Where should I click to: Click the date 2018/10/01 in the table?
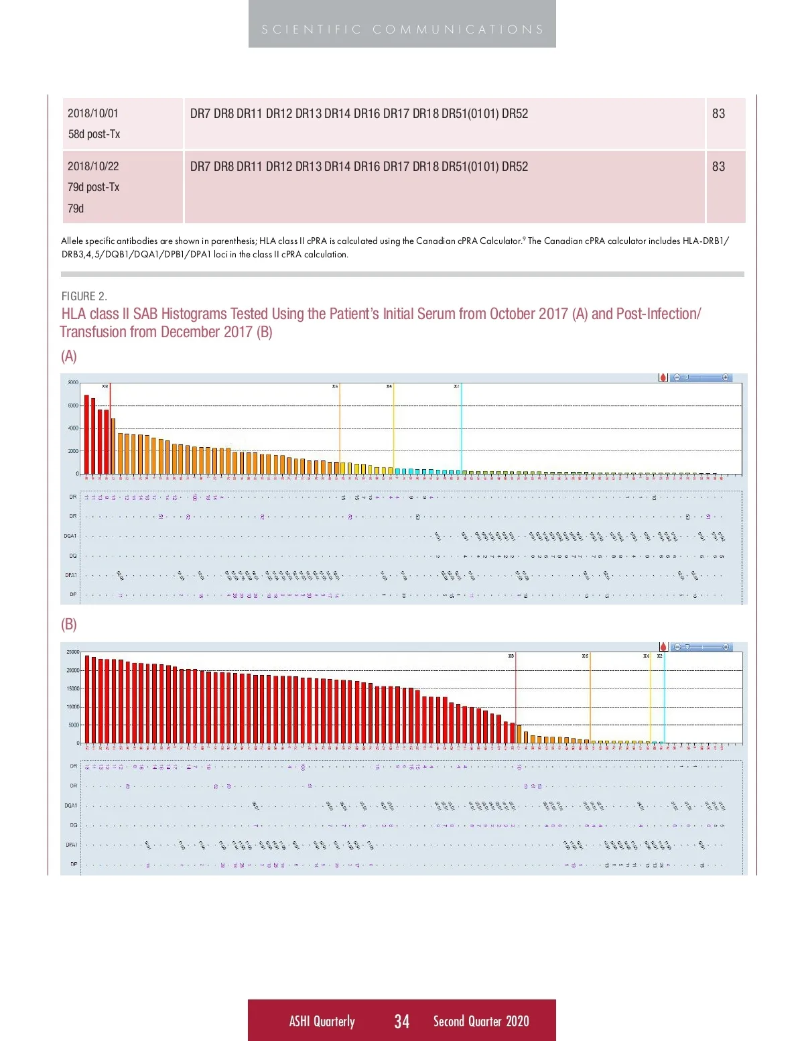93,113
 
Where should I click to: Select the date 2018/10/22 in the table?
93,166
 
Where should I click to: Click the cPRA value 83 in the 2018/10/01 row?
718,113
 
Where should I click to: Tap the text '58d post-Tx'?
94,134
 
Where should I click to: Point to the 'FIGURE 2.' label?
84,296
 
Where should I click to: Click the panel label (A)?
69,357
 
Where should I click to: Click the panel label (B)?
69,625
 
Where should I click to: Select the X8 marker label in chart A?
105,387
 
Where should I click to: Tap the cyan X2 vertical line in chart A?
461,429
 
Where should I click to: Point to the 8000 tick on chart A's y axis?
72,383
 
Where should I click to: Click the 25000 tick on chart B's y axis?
72,652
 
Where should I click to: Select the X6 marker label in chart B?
585,656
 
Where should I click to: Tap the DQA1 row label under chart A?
70,536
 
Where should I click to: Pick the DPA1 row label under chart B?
71,845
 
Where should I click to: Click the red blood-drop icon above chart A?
663,378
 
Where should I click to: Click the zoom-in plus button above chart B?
726,647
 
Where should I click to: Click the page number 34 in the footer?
401,1021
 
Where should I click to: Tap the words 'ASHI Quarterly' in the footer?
322,1021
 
